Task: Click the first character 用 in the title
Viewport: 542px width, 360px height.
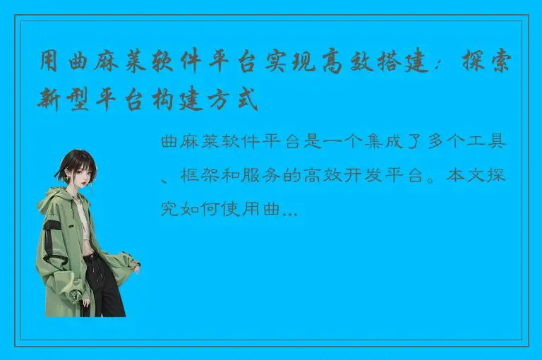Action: pos(49,66)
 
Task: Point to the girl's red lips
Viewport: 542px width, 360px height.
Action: pos(83,184)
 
